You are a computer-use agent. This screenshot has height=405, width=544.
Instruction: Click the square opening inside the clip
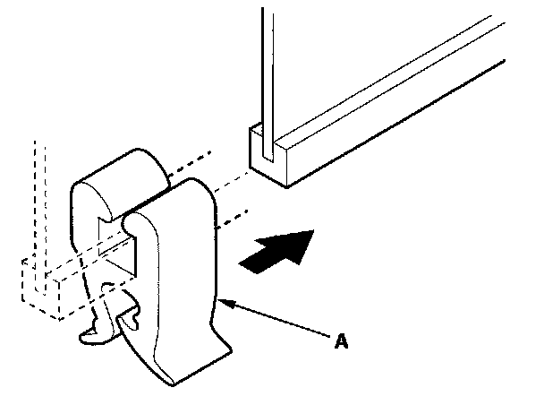coord(125,251)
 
